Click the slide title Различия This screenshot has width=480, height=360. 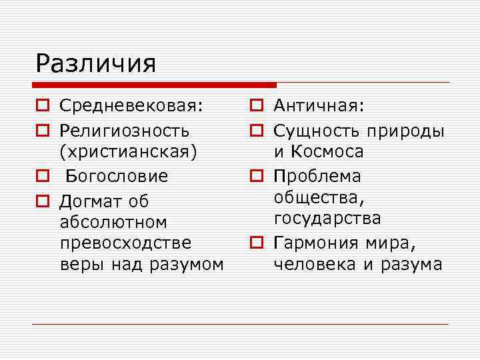tap(96, 64)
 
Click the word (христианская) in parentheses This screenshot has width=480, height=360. tap(129, 151)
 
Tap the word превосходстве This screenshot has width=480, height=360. tap(126, 243)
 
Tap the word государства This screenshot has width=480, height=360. tap(327, 219)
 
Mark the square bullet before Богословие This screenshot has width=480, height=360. tap(42, 177)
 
